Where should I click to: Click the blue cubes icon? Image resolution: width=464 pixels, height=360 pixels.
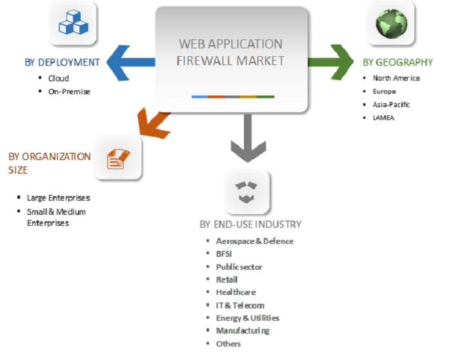click(74, 24)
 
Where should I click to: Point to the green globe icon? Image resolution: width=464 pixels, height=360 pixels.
click(391, 24)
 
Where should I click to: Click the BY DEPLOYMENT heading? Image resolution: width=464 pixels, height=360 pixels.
click(62, 63)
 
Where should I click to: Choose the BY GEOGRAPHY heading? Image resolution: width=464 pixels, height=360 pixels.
click(398, 63)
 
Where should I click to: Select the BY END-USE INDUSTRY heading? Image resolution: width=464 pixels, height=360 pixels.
click(250, 225)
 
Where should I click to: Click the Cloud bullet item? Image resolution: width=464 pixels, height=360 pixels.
click(58, 79)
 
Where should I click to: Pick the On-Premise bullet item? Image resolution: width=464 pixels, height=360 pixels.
click(69, 92)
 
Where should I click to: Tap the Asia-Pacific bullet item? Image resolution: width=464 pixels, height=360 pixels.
click(391, 105)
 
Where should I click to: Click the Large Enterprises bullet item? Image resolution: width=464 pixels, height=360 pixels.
click(58, 197)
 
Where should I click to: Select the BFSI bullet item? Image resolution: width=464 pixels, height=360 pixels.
click(225, 254)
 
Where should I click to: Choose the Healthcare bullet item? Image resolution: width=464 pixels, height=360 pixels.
click(236, 292)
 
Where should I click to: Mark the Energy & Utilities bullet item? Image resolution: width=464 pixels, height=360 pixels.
click(247, 317)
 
